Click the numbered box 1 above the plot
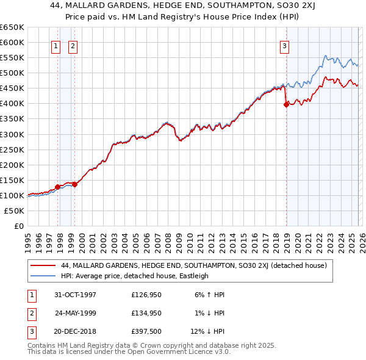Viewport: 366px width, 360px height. pyautogui.click(x=56, y=45)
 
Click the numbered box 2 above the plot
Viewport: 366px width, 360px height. pyautogui.click(x=73, y=45)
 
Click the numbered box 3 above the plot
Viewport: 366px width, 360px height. pyautogui.click(x=284, y=45)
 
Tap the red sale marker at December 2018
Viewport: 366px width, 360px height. pyautogui.click(x=286, y=104)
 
